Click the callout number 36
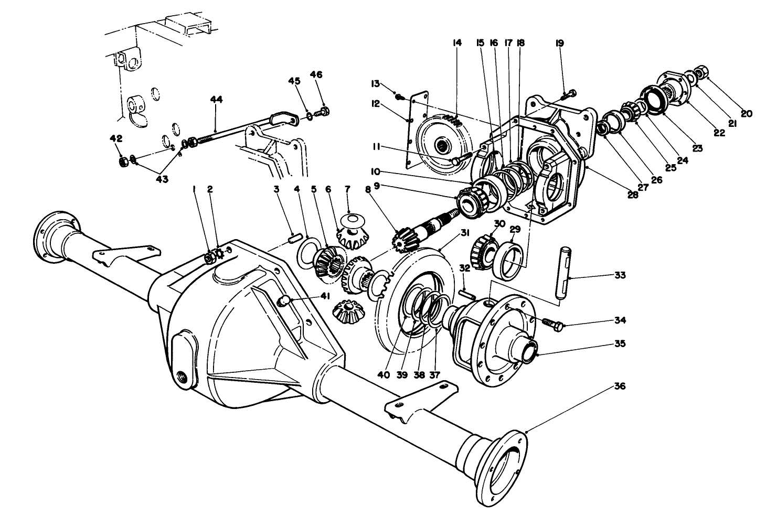point(620,386)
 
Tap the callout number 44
point(216,99)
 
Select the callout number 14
point(457,43)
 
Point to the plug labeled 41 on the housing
point(284,300)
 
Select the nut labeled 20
point(701,70)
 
